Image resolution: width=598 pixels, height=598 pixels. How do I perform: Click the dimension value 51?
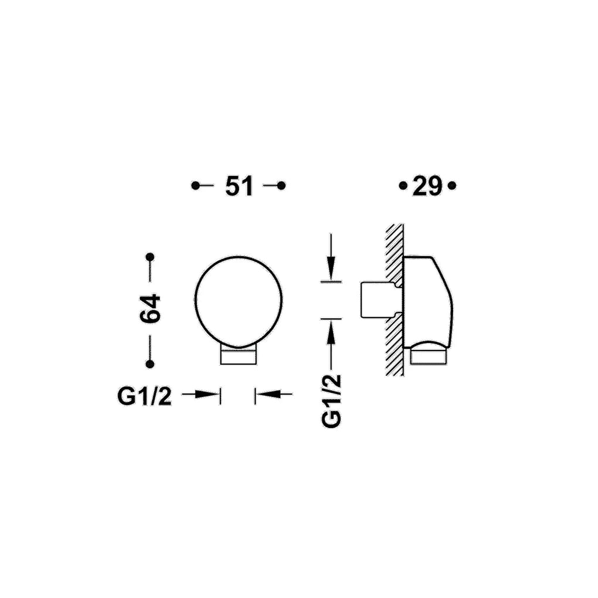pyautogui.click(x=239, y=186)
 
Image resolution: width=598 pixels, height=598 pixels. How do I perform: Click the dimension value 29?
pyautogui.click(x=427, y=186)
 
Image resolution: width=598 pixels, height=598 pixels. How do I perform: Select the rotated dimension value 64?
pyautogui.click(x=150, y=308)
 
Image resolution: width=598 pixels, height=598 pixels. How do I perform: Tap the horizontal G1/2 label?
pyautogui.click(x=145, y=396)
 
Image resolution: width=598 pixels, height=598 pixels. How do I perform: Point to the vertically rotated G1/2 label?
pyautogui.click(x=331, y=401)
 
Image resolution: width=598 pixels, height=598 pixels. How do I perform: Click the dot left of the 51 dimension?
pyautogui.click(x=195, y=186)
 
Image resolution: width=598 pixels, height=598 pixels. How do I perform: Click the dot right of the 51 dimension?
pyautogui.click(x=281, y=186)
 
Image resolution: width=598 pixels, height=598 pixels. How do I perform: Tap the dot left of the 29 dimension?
pyautogui.click(x=403, y=186)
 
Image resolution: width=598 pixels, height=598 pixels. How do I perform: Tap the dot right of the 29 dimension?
pyautogui.click(x=452, y=186)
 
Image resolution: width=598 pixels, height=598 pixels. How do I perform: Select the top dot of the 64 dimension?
pyautogui.click(x=150, y=257)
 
